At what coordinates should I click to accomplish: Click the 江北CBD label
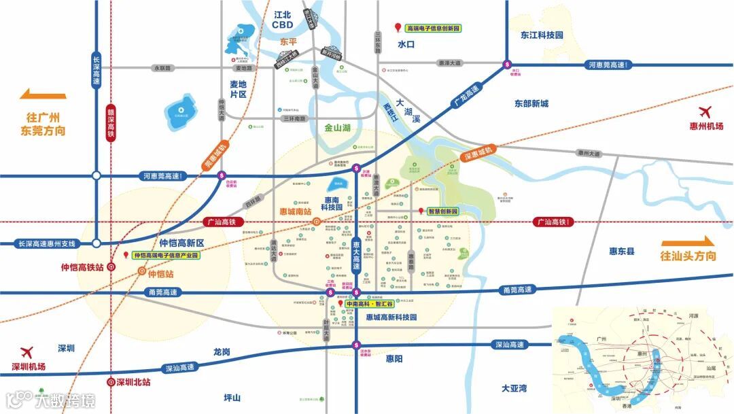(x=282, y=20)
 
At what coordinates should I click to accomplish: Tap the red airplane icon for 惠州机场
(x=705, y=112)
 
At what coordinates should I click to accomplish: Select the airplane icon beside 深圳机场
(x=27, y=352)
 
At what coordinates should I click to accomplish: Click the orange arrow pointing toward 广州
(x=43, y=95)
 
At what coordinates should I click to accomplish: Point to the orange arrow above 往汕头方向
(x=688, y=241)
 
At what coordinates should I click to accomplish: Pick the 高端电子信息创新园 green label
(x=433, y=29)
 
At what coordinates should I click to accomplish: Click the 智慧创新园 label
(x=443, y=211)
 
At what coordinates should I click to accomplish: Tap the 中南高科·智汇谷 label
(x=368, y=305)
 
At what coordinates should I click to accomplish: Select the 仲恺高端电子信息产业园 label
(x=166, y=255)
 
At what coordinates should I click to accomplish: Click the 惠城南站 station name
(x=291, y=211)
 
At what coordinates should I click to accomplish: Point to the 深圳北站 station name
(x=133, y=382)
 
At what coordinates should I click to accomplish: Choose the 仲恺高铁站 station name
(x=82, y=268)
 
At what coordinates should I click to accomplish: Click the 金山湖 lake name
(x=337, y=127)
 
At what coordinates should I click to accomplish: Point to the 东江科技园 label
(x=542, y=35)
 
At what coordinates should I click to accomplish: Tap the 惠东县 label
(x=621, y=252)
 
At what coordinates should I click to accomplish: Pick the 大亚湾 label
(x=514, y=388)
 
